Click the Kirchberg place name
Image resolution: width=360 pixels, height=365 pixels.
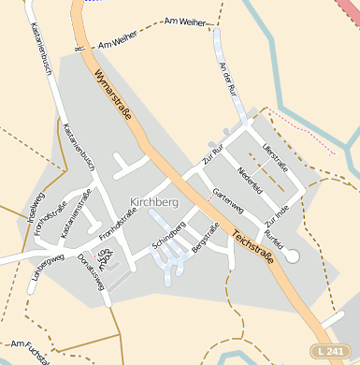(x=154, y=202)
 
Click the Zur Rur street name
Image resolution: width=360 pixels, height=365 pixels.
(x=214, y=155)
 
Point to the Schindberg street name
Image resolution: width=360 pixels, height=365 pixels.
(x=169, y=237)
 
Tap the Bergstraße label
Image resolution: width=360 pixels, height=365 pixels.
(x=205, y=240)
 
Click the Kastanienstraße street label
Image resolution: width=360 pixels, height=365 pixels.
(x=75, y=212)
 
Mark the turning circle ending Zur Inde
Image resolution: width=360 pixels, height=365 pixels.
(x=291, y=255)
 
